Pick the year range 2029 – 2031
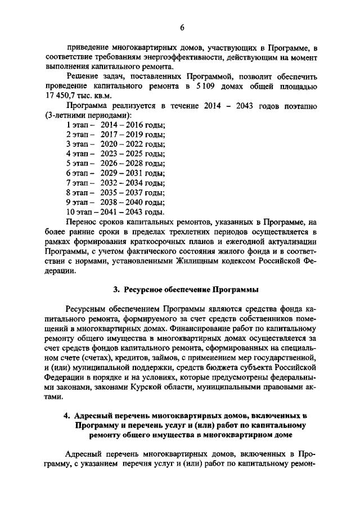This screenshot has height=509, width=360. [124, 173]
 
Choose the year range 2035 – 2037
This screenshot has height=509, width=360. [124, 193]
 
